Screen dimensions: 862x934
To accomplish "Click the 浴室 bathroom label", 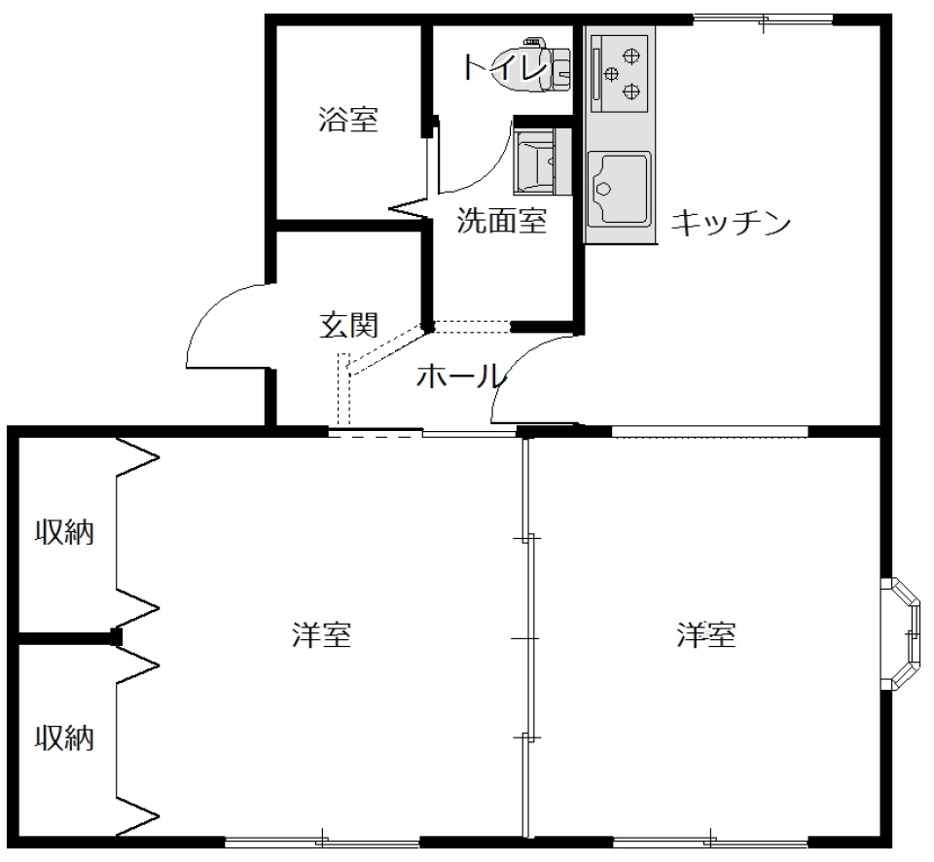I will point(348,121).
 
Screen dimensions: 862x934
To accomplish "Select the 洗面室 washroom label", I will point(502,222).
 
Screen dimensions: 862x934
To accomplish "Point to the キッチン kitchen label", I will point(731,224).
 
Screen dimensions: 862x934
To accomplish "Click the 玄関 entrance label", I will point(348,325).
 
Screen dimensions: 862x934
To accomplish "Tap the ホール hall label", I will point(460,376).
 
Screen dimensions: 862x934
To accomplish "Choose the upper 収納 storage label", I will point(65,532).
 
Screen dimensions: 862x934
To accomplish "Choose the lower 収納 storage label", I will point(65,738).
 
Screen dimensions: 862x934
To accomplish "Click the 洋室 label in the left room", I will point(321,635).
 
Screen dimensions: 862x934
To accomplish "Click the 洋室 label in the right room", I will point(706,635).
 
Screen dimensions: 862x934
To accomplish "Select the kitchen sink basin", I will point(618,189).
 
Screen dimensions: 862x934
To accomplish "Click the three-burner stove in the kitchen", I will point(620,69).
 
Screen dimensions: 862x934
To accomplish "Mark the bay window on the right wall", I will point(904,632).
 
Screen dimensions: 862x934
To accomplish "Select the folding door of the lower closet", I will point(136,739).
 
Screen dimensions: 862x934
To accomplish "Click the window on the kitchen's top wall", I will point(763,18).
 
